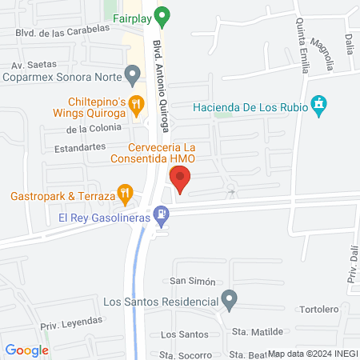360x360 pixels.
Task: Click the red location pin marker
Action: pos(180,179)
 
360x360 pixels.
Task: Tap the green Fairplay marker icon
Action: pos(162,14)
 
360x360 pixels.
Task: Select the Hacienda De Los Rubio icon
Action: pos(319,104)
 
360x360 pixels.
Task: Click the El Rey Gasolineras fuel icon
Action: pos(162,214)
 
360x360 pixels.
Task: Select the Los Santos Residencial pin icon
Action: pos(230,301)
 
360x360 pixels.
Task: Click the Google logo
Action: pos(27,350)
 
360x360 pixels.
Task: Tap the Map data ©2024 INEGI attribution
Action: pos(312,354)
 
